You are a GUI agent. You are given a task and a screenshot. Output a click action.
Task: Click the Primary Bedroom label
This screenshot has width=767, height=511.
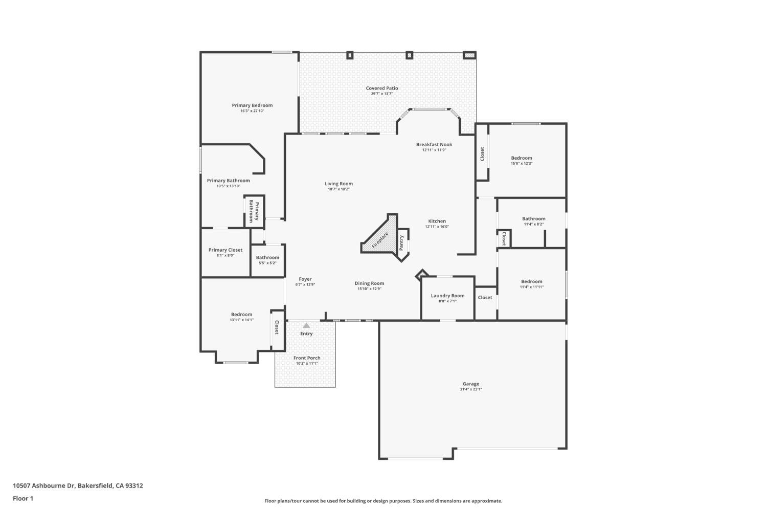click(252, 105)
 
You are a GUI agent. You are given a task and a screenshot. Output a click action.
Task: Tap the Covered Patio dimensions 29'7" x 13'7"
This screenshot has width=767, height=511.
click(381, 94)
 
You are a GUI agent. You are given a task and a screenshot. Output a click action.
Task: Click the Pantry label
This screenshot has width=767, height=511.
click(401, 242)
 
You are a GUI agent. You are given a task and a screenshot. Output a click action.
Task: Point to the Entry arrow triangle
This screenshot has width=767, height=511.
click(306, 325)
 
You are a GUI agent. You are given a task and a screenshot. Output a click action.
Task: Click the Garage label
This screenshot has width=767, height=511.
click(471, 384)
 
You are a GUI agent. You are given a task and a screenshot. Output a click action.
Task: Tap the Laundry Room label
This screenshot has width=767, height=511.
click(447, 296)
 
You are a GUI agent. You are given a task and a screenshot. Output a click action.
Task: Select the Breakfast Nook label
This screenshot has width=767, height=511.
click(434, 144)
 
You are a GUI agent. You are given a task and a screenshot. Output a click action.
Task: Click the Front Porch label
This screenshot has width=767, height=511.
click(307, 358)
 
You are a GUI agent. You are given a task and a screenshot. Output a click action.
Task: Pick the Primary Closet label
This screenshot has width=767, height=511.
click(225, 250)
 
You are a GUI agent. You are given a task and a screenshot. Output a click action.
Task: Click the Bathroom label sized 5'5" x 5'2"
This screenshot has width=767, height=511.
click(267, 258)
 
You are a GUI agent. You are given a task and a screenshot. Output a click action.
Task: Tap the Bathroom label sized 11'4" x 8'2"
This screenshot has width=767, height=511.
click(533, 218)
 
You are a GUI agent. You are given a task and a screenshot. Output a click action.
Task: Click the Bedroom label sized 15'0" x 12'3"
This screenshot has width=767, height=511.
click(522, 158)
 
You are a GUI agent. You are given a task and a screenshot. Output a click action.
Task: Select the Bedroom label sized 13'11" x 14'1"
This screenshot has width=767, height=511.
click(241, 315)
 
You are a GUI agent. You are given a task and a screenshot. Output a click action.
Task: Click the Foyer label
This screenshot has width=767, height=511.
click(305, 279)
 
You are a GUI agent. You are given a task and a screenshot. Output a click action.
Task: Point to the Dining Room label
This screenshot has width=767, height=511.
click(369, 283)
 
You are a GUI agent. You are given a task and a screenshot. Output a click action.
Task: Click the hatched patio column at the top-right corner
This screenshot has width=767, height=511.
click(469, 55)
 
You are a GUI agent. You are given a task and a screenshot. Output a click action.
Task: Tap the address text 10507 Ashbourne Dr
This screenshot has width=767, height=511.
click(44, 485)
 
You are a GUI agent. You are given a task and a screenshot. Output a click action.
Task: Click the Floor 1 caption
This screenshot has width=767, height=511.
click(23, 498)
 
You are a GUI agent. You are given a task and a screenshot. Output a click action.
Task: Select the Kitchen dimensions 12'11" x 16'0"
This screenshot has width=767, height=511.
click(437, 227)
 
